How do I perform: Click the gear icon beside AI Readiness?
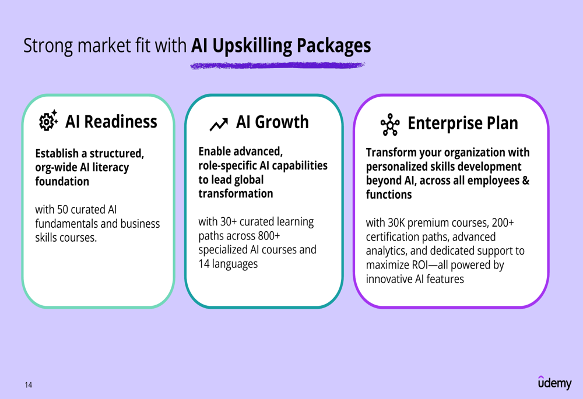pos(48,121)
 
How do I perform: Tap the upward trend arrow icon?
pos(219,125)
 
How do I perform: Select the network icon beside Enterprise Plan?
pos(389,125)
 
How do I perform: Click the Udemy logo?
pos(555,382)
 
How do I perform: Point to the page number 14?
pos(29,385)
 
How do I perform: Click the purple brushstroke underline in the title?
pos(278,65)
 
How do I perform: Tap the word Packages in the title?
pos(333,46)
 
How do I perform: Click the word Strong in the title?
pos(48,46)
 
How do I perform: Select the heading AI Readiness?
pos(111,122)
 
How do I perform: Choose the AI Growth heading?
pos(272,122)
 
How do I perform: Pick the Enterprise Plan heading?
pos(462,123)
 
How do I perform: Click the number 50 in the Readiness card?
pos(62,210)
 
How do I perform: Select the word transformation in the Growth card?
pos(236,193)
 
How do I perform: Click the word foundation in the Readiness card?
pos(62,181)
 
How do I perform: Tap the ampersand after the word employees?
pos(526,180)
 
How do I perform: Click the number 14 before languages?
pos(203,264)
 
